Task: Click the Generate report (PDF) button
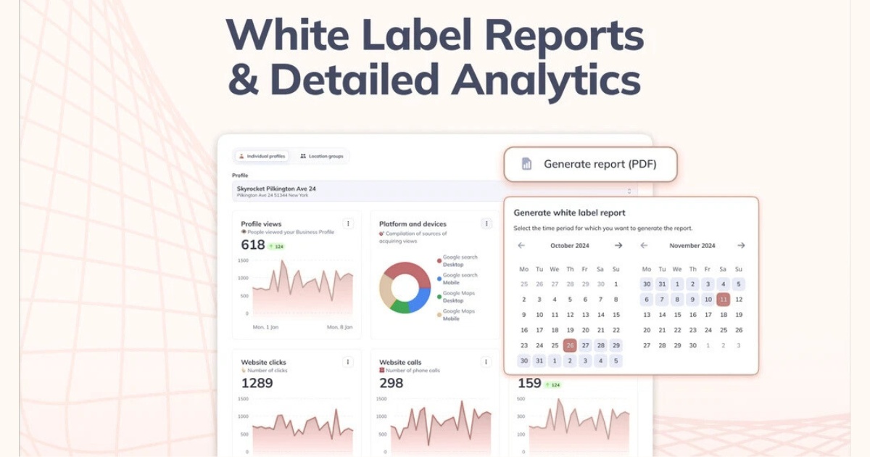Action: pos(590,164)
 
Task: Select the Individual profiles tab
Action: pos(262,156)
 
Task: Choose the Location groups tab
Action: pos(322,156)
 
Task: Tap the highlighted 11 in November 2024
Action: pos(723,299)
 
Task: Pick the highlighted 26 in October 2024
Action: pos(570,345)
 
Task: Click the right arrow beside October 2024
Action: pos(618,246)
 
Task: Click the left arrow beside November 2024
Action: pos(644,246)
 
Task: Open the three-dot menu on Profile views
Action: pos(348,223)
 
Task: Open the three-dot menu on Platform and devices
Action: pos(486,223)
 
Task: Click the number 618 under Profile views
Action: pos(253,245)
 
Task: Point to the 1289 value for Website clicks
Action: pos(257,382)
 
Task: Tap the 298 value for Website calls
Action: pos(391,382)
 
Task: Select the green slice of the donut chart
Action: pos(399,307)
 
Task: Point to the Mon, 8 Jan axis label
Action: pos(339,327)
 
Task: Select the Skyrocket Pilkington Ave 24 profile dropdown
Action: pos(435,192)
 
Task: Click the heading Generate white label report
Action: pos(569,213)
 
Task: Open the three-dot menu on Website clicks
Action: pos(348,362)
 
